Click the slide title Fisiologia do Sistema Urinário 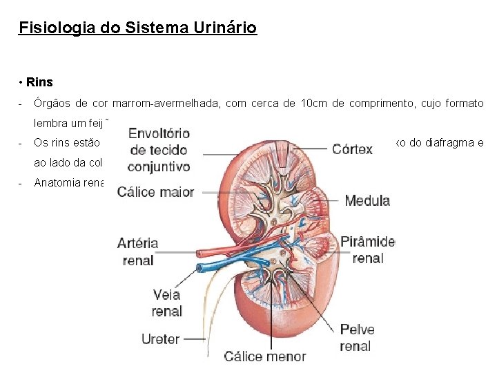click(x=138, y=28)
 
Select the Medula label click(x=367, y=201)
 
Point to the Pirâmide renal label click(x=367, y=249)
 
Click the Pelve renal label click(x=356, y=338)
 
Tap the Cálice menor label click(x=265, y=356)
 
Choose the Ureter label click(x=160, y=339)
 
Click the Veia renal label click(x=166, y=303)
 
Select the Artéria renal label click(x=138, y=251)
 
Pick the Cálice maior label click(x=155, y=191)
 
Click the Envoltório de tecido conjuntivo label click(x=159, y=149)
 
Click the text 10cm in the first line click(x=315, y=104)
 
